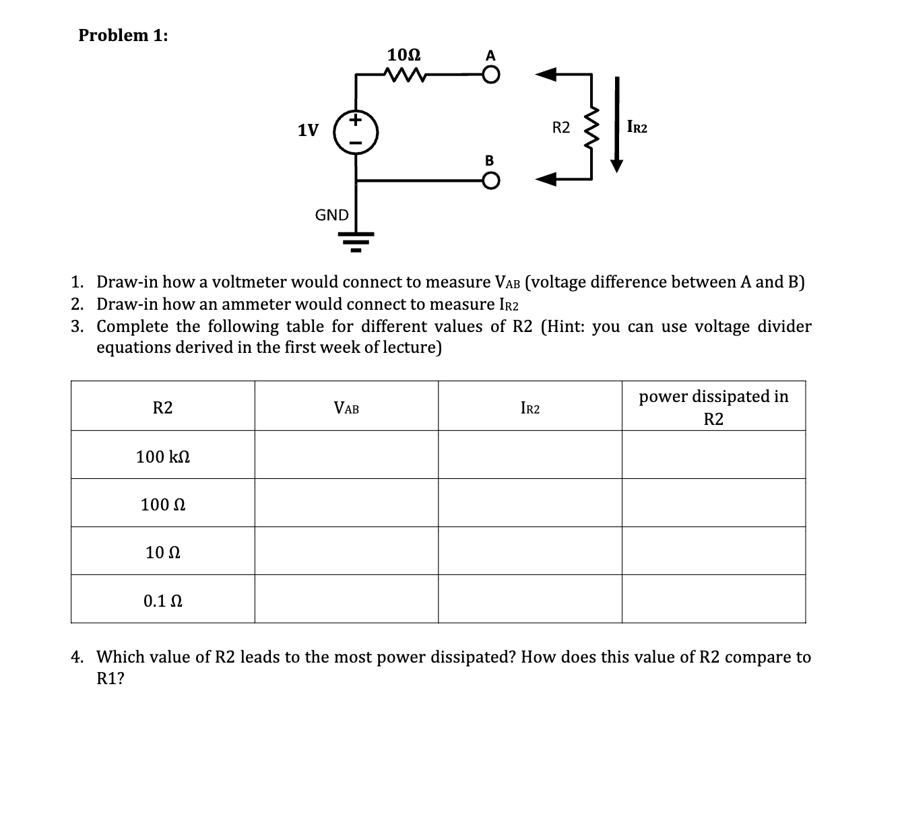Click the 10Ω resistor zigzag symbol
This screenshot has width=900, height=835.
pos(405,74)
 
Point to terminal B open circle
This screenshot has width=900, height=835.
pos(491,180)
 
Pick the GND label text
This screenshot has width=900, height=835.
pos(331,215)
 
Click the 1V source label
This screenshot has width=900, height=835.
pos(309,130)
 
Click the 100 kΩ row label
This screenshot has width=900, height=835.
pos(162,457)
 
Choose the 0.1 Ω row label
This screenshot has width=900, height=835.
pos(162,601)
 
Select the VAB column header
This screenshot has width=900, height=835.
pos(346,408)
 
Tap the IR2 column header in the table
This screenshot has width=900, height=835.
pos(530,408)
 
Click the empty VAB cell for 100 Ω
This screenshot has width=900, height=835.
pos(346,504)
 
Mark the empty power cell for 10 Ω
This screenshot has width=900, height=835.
pos(713,552)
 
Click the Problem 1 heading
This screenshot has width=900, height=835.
pos(123,36)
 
